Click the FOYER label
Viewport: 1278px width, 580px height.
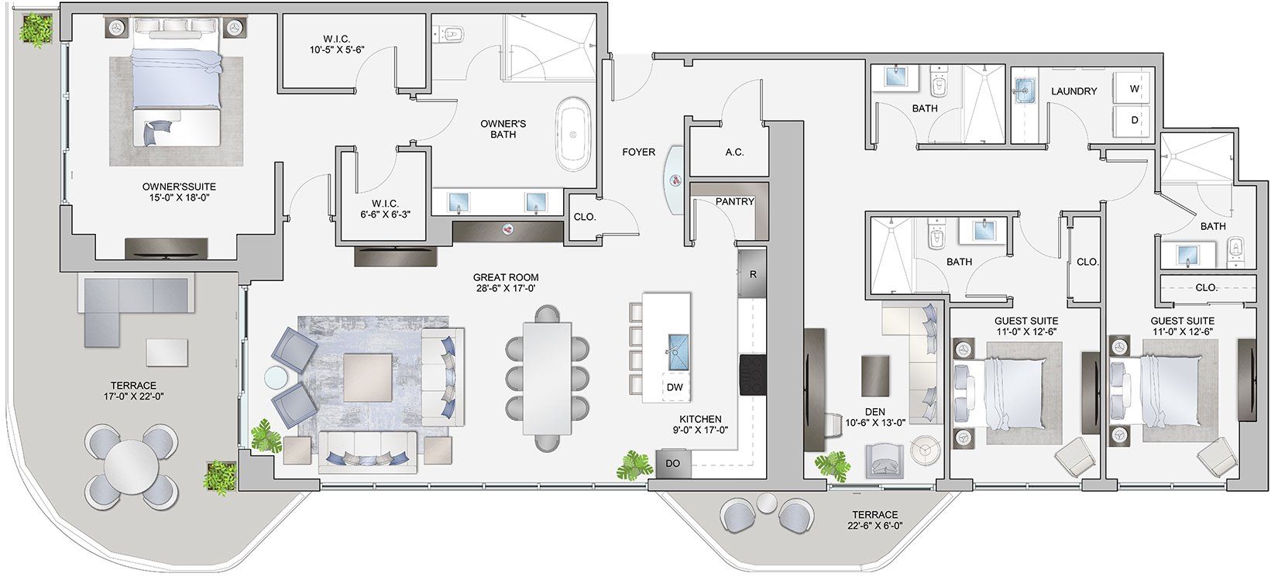coord(638,153)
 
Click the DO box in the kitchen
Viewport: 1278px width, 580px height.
coord(672,464)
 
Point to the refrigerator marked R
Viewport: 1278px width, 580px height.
coord(752,274)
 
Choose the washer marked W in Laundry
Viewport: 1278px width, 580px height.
coord(1134,89)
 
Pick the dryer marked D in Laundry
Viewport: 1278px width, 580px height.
coord(1134,121)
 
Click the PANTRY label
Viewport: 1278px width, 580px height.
coord(734,202)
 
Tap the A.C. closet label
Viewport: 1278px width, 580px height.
coord(734,153)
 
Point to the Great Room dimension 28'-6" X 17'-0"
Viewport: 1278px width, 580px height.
coord(507,289)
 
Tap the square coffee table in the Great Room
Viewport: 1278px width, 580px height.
coord(367,376)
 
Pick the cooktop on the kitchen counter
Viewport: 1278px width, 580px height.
coord(752,376)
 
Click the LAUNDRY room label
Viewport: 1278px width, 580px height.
coord(1074,91)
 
